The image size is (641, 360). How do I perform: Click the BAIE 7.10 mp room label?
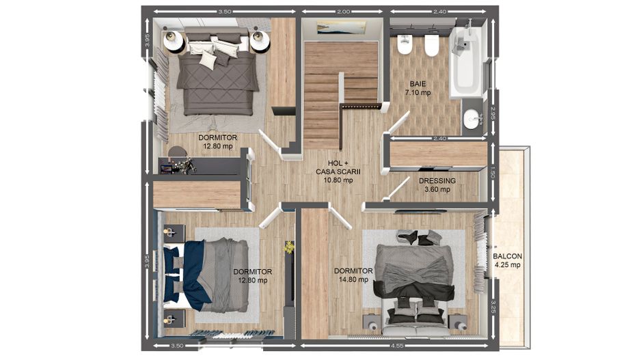pyautogui.click(x=416, y=88)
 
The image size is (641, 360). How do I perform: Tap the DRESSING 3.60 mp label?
pyautogui.click(x=437, y=185)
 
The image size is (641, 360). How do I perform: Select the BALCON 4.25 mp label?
pyautogui.click(x=507, y=260)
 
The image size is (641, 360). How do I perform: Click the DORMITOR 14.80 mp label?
pyautogui.click(x=353, y=275)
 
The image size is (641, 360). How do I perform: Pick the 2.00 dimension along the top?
pyautogui.click(x=343, y=12)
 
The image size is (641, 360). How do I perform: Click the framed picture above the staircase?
pyautogui.click(x=341, y=27)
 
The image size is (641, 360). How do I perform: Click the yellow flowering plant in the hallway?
pyautogui.click(x=290, y=247)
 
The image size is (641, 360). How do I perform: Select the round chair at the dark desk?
pyautogui.click(x=177, y=153)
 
